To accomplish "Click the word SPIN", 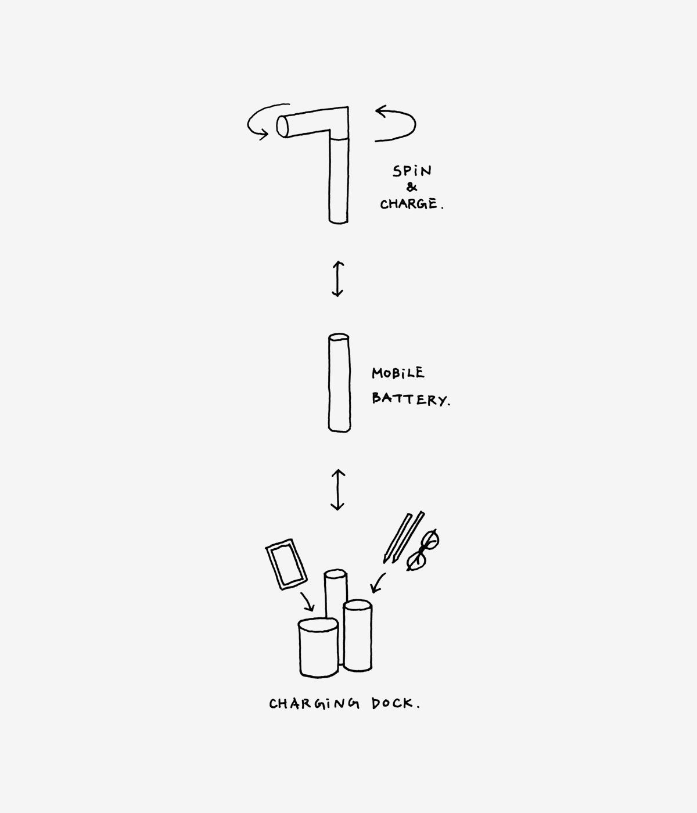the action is click(412, 171).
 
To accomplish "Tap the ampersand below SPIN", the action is click(412, 188).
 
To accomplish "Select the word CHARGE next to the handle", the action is click(409, 204).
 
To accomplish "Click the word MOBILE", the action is click(398, 373).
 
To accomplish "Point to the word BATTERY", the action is click(409, 399).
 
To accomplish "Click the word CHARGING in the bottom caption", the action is click(314, 704).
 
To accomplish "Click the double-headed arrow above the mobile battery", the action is click(337, 279).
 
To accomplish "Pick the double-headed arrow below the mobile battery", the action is click(337, 490).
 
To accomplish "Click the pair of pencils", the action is click(404, 537).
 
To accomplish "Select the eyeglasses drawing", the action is click(423, 550).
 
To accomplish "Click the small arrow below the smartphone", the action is click(307, 602).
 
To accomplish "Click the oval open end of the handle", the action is click(282, 126).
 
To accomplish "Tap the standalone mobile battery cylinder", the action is click(339, 383).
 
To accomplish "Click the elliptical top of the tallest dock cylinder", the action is click(336, 574).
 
